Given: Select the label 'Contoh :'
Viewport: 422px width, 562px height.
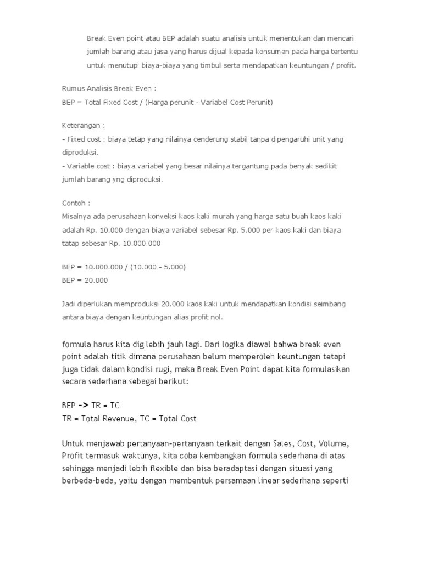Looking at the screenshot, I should point(77,203).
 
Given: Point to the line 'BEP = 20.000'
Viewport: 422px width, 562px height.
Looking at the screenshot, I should point(85,280).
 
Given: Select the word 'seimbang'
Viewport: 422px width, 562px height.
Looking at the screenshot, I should point(328,304).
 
